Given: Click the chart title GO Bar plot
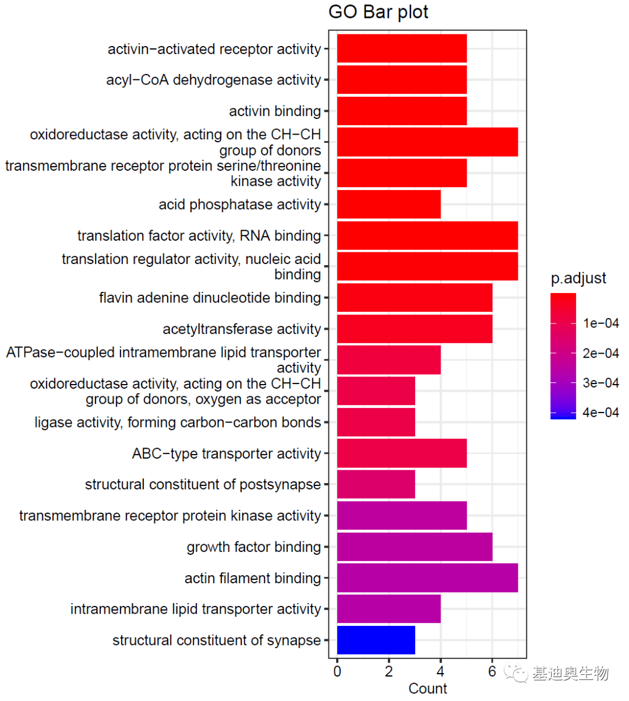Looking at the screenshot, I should click(379, 12).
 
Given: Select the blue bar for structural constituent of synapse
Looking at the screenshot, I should click(376, 640).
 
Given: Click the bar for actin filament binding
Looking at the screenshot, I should click(427, 577).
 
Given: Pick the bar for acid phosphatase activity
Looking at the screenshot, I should click(388, 205).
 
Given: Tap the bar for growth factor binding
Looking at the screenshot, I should click(414, 547).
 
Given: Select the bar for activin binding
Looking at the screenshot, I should click(401, 111).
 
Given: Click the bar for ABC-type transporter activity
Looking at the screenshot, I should click(401, 453).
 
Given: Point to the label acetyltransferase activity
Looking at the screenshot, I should click(242, 329).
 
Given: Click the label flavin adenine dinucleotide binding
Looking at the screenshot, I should click(210, 298).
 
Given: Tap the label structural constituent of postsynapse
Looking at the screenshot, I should click(203, 484).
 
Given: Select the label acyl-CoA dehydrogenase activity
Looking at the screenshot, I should click(213, 80).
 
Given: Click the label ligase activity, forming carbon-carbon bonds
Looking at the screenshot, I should click(178, 422).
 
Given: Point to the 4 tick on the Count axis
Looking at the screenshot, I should click(440, 671).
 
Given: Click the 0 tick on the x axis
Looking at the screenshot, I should click(337, 671).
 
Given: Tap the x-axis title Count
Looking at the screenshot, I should click(427, 688).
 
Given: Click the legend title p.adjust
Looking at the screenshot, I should click(578, 278).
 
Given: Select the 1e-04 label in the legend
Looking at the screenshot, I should click(600, 323).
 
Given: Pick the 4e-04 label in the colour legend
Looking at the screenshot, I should click(600, 413).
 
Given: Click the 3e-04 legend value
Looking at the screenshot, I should click(600, 383).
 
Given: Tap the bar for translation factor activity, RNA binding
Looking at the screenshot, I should click(427, 235).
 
